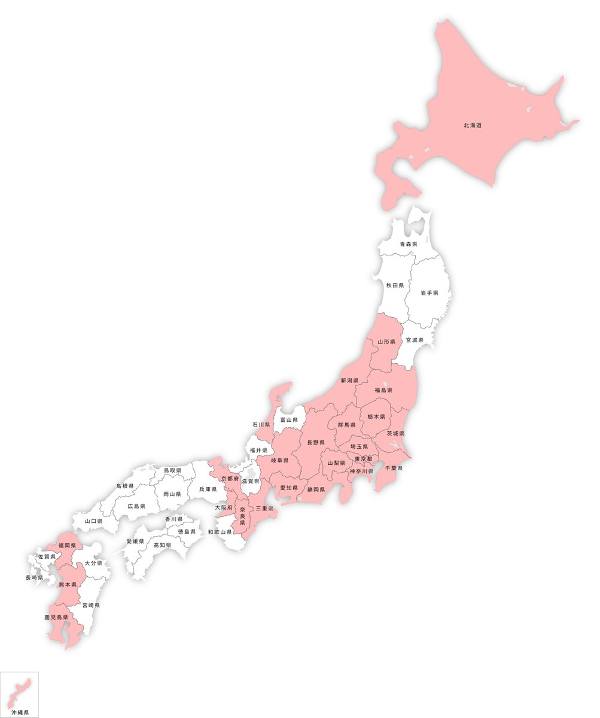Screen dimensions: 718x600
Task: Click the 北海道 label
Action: [473, 126]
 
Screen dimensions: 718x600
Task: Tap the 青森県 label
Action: [409, 244]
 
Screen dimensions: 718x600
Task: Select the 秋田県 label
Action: [395, 285]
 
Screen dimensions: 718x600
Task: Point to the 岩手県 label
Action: [429, 293]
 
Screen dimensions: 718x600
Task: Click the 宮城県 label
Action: [415, 340]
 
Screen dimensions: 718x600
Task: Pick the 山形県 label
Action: [386, 342]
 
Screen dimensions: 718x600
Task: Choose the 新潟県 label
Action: [349, 381]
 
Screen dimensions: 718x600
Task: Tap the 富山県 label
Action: [289, 420]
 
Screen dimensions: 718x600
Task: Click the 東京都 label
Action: [363, 459]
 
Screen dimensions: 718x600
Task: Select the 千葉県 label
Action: [394, 468]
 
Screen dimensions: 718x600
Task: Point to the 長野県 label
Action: [316, 443]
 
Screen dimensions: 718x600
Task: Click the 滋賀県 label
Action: [251, 481]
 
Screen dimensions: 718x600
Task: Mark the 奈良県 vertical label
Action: [242, 516]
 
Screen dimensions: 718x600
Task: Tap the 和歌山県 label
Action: [220, 531]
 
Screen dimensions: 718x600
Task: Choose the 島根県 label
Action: [124, 486]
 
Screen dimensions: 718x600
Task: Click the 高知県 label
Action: [162, 545]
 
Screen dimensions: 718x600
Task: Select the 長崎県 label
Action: [34, 577]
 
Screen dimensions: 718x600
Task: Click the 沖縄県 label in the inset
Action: [20, 713]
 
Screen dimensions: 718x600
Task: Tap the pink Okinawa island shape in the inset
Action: [21, 692]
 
